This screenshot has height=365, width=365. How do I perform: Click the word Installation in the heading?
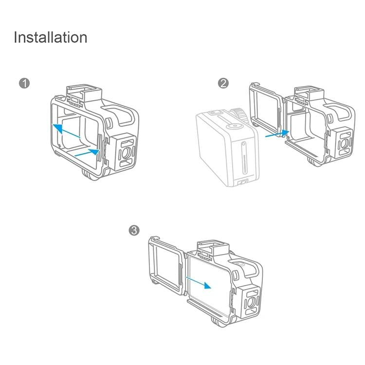click(x=51, y=37)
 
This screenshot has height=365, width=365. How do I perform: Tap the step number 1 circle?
click(x=24, y=83)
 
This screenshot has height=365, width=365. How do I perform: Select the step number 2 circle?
click(x=223, y=83)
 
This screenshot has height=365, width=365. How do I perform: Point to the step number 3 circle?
click(x=135, y=230)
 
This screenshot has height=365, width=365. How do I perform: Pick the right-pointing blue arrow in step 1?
click(x=87, y=153)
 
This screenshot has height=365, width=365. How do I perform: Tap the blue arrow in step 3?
click(x=200, y=282)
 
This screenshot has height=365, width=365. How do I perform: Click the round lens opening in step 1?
click(x=125, y=152)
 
